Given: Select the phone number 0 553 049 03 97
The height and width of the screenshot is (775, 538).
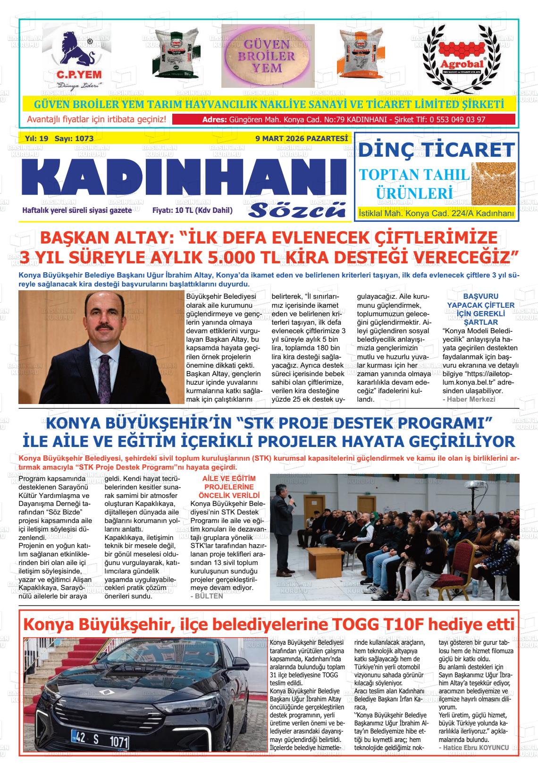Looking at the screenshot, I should [x=457, y=119].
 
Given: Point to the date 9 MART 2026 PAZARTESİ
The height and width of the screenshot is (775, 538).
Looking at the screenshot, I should [x=301, y=139].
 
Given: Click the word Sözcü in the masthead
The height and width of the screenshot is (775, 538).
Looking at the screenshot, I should [x=297, y=210].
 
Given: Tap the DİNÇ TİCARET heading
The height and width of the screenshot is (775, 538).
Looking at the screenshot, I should [x=436, y=150].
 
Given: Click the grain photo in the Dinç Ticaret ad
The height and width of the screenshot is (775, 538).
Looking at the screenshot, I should [x=493, y=181].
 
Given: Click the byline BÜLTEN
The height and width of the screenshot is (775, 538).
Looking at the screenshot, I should [x=206, y=596].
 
